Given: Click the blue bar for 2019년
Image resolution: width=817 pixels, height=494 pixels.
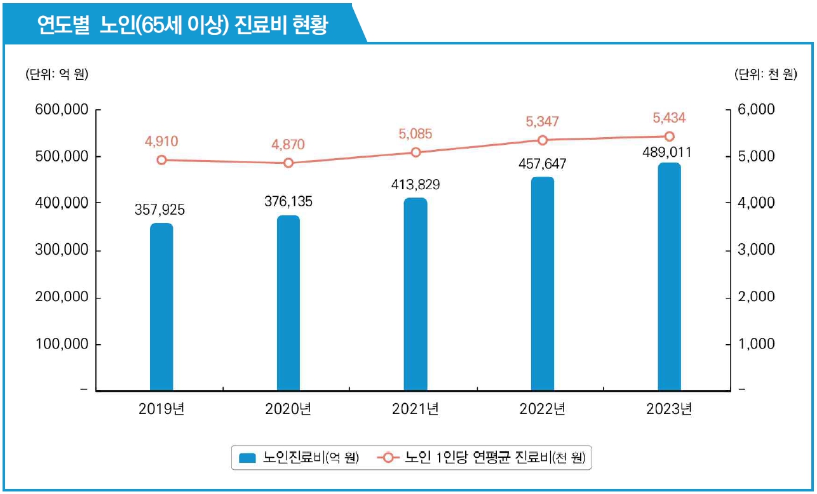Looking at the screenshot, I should point(161,307).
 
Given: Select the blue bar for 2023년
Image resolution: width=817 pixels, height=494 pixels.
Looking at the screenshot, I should point(669,277).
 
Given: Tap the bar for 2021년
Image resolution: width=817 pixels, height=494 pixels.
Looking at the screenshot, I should point(415,294).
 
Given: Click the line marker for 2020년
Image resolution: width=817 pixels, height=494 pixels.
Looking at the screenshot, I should point(288,163).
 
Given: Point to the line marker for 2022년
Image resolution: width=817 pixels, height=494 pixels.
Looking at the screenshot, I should point(543,140).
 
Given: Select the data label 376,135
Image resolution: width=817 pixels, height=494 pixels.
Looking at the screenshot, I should point(288,202).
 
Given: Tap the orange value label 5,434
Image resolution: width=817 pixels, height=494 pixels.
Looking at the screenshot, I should point(669,118).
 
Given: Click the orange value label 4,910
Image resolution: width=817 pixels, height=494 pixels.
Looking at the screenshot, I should point(161,141).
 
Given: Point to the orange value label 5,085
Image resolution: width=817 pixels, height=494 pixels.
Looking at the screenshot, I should point(415,134).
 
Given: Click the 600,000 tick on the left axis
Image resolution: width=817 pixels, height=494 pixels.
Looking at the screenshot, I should point(61,109).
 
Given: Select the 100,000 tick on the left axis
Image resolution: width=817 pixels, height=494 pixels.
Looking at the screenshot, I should point(61,344).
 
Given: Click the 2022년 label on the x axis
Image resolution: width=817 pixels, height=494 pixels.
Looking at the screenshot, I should point(542,410).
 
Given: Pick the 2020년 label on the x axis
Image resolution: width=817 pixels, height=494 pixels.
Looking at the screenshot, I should point(288,410).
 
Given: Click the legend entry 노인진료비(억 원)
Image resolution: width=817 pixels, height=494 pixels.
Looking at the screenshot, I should point(299,457).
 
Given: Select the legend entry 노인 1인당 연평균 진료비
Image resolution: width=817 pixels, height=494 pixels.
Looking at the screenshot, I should point(483,457).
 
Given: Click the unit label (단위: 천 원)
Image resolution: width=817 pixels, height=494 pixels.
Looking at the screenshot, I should point(764,75).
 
